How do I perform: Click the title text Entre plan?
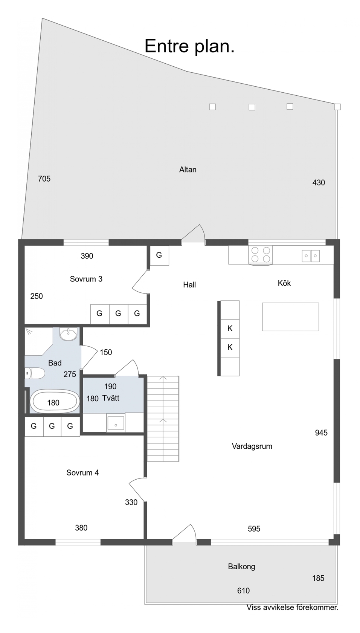[189, 46]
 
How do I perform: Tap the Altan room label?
[188, 170]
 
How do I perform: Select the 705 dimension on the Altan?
[44, 179]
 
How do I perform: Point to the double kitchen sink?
[311, 256]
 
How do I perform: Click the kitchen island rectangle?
[291, 317]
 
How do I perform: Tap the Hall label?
[189, 285]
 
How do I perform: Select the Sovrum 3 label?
[86, 279]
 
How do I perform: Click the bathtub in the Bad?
[55, 402]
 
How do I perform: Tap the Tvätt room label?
[111, 398]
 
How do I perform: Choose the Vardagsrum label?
[252, 446]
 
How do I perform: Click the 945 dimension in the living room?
[321, 433]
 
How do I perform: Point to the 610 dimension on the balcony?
[243, 591]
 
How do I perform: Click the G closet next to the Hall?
[159, 255]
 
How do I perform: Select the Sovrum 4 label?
[83, 473]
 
